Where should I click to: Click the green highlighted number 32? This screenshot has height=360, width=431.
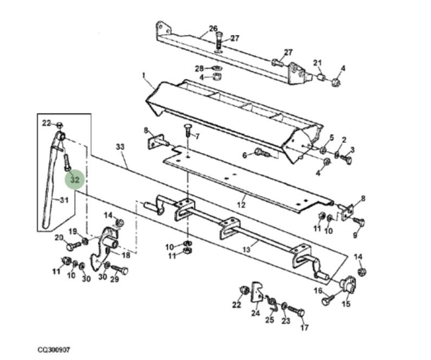click(x=75, y=179)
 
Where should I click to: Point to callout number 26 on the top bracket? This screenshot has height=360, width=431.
click(x=213, y=28)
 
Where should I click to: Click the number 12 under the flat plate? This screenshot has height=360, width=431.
click(x=241, y=205)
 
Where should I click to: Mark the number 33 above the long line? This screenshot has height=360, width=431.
click(x=120, y=147)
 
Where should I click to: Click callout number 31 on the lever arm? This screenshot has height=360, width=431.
click(x=64, y=201)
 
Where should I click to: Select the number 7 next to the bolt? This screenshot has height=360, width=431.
click(x=197, y=136)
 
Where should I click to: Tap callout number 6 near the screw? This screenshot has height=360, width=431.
click(x=245, y=155)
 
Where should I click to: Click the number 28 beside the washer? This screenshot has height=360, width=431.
click(x=200, y=68)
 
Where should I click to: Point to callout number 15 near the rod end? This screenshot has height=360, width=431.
click(x=346, y=304)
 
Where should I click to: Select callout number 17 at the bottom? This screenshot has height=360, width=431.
click(x=304, y=327)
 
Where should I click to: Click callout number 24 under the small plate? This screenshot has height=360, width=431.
click(x=255, y=313)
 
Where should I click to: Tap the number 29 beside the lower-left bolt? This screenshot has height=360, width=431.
click(x=114, y=279)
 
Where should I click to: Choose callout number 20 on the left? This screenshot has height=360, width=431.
click(x=60, y=237)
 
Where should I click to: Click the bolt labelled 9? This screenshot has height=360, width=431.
click(x=358, y=222)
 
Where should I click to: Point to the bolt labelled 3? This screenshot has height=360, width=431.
click(x=348, y=160)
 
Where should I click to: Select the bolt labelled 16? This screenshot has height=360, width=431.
click(x=327, y=300)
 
